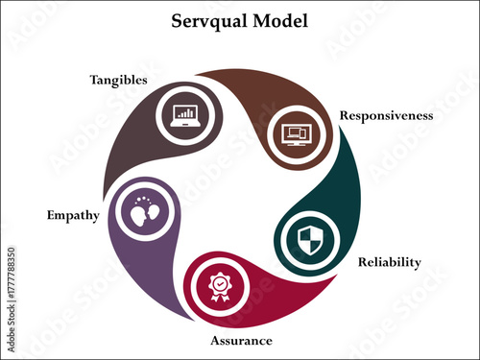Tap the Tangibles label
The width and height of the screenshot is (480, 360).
coord(117,80)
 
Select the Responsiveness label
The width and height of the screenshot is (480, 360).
coord(386,115)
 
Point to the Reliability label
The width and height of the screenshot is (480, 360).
coord(389,262)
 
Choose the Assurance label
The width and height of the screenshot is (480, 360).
coord(241,341)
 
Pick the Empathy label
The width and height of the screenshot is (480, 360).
coord(72,215)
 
